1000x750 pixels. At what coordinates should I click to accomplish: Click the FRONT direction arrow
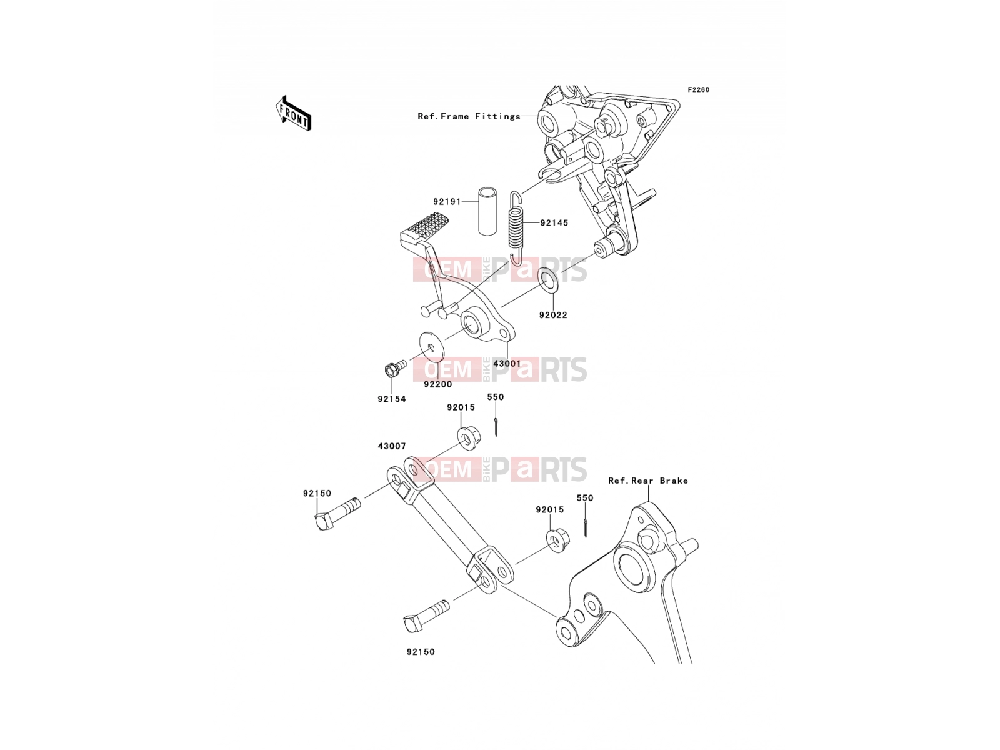[x=293, y=113]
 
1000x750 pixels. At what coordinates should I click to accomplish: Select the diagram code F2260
[x=698, y=90]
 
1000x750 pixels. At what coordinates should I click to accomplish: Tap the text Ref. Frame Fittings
[x=469, y=117]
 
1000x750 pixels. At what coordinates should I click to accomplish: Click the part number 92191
[x=447, y=202]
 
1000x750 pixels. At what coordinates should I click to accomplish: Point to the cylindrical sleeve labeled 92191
[x=487, y=211]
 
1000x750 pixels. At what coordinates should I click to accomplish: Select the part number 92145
[x=554, y=223]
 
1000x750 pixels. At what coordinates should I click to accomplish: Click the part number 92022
[x=553, y=315]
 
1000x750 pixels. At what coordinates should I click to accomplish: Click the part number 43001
[x=507, y=364]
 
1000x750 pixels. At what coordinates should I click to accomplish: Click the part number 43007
[x=392, y=446]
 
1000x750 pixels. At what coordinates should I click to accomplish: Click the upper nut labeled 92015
[x=465, y=437]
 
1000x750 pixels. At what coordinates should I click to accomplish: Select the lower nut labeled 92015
[x=554, y=539]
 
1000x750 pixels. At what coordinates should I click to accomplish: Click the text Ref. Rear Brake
[x=648, y=481]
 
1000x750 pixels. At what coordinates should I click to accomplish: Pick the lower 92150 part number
[x=421, y=652]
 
